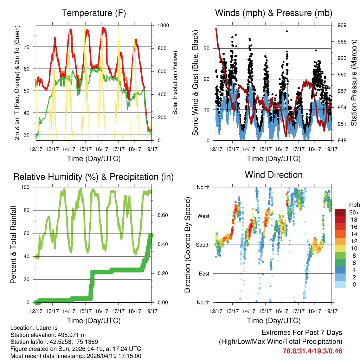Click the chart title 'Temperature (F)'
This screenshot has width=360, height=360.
tap(94, 13)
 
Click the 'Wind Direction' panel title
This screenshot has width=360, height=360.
tap(274, 175)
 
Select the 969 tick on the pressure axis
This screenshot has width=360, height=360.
tap(342, 25)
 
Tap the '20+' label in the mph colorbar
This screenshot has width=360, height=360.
tap(353, 212)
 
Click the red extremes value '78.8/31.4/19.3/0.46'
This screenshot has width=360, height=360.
tap(312, 351)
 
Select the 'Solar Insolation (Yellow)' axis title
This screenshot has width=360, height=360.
tap(175, 83)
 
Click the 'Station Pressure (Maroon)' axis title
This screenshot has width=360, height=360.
tap(354, 83)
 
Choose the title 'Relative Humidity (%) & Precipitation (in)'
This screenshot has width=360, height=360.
tap(94, 177)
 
